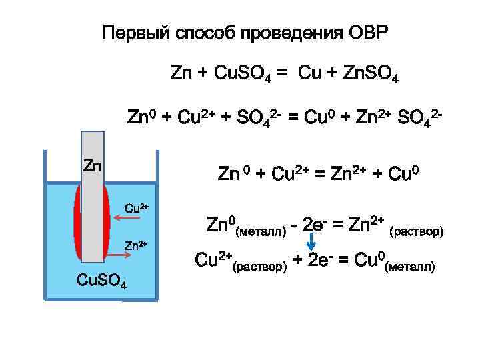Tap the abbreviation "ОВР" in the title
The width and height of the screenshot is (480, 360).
tap(368, 33)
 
